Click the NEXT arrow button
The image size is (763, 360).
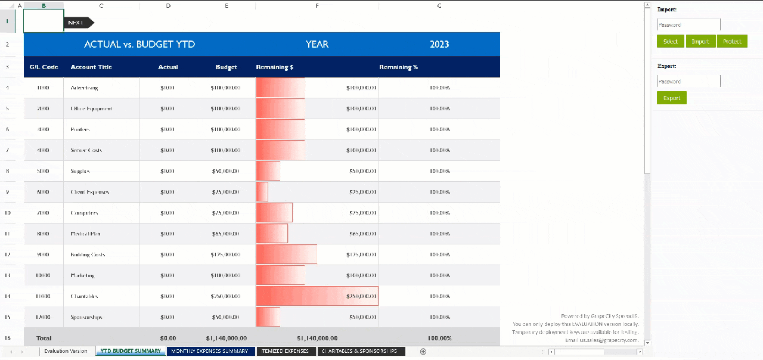point(79,23)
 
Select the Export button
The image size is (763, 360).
point(671,98)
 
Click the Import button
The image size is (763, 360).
point(700,41)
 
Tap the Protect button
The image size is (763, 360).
point(731,41)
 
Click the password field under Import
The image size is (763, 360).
point(688,25)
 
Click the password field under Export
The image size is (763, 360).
point(688,82)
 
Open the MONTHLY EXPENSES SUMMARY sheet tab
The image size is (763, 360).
point(210,351)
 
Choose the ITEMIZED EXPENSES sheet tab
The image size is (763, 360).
point(286,351)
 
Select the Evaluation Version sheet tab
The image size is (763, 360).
point(66,351)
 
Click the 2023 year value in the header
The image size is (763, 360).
point(439,44)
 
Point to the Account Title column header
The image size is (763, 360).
point(91,67)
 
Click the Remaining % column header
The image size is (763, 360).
point(398,67)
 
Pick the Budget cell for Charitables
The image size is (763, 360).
point(225,296)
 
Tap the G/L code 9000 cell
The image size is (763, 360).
point(44,255)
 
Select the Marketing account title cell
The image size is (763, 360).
point(83,275)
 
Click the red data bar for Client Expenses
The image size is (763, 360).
point(262,192)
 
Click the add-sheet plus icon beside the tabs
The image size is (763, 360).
point(423,351)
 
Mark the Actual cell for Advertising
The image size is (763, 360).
point(168,88)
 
